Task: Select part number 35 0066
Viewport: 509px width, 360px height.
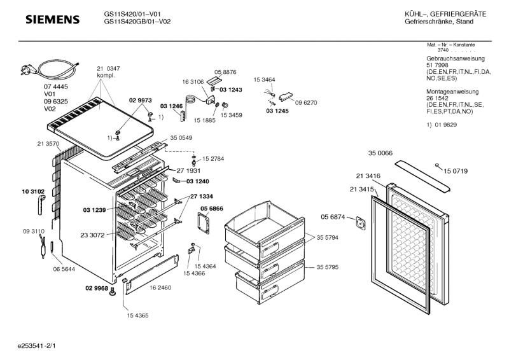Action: (x=380, y=153)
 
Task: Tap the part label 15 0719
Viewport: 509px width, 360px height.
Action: (x=456, y=172)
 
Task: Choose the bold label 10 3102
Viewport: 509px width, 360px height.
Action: (x=33, y=191)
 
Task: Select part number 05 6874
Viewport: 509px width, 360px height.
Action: (x=333, y=217)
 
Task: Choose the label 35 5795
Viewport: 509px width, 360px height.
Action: (x=328, y=268)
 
